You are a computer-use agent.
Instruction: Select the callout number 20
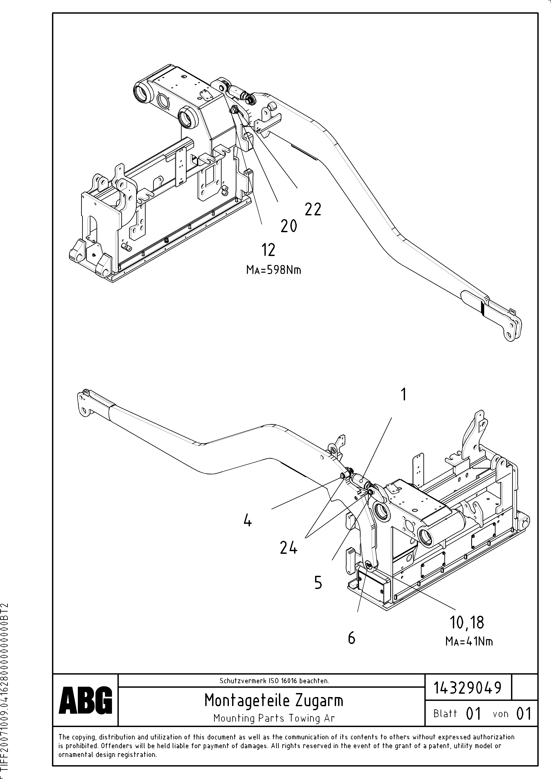tap(289, 226)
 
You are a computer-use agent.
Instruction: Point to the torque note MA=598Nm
tap(274, 270)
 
